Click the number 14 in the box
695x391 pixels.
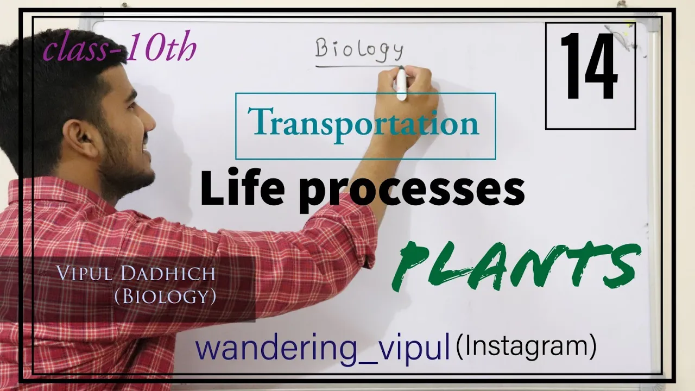589,66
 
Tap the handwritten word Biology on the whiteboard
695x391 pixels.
360,49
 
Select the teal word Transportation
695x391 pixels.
363,125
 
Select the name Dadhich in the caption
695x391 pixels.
168,273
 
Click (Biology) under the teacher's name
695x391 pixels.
166,297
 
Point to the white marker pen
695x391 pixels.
401,84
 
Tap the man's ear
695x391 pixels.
81,138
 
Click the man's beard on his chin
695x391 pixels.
130,174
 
